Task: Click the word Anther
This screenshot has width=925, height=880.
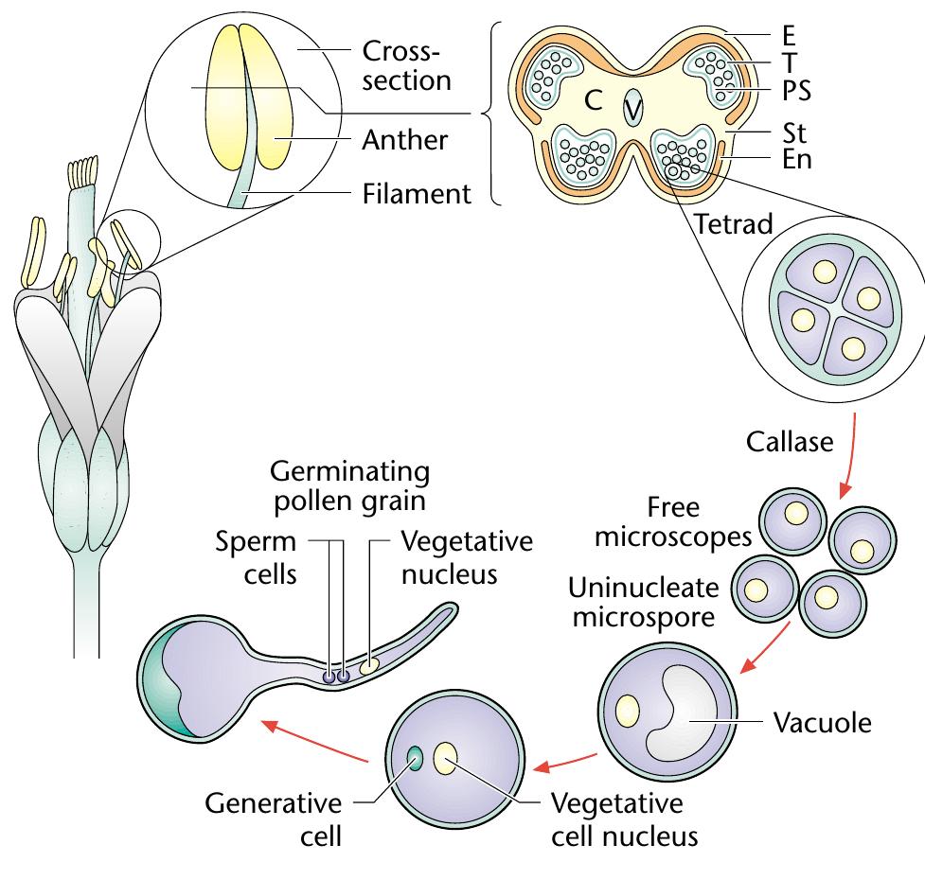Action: pos(405,141)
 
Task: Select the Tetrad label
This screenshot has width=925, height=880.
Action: pos(732,225)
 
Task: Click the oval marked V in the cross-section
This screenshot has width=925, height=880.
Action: pos(632,109)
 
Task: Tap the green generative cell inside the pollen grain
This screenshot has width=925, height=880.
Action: pos(415,757)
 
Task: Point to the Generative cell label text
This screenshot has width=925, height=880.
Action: pos(275,819)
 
